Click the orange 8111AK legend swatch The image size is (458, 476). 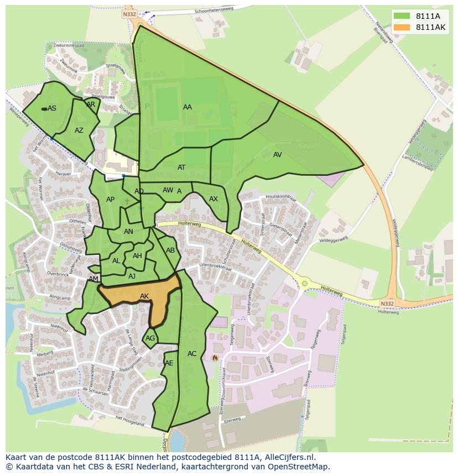(402, 27)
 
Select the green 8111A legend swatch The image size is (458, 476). (402, 17)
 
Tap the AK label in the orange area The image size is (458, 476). (144, 296)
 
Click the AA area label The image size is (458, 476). (188, 107)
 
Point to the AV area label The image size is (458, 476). (278, 155)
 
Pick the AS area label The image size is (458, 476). (52, 108)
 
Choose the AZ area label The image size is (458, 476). (79, 130)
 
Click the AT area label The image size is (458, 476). (181, 167)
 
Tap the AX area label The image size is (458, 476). (214, 199)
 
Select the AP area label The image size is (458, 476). (110, 200)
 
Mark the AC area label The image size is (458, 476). (192, 354)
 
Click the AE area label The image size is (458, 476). (169, 363)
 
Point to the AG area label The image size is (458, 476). (150, 338)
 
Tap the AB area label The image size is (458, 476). (170, 250)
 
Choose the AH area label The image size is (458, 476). (137, 256)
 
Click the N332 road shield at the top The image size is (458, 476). (129, 14)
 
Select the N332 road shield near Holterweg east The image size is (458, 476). (388, 304)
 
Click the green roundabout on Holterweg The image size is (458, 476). (304, 284)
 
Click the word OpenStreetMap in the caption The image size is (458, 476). (299, 467)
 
